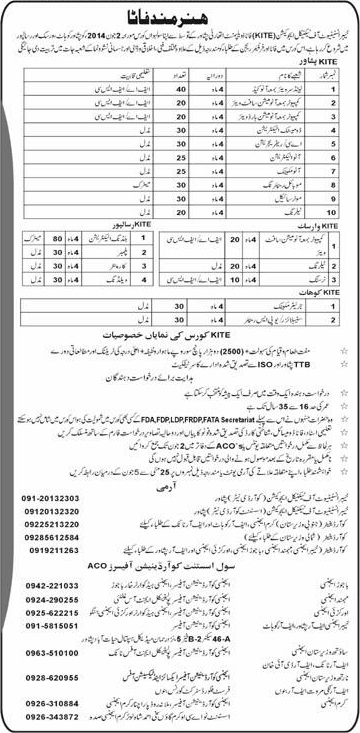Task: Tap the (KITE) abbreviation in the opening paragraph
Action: click(233, 38)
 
